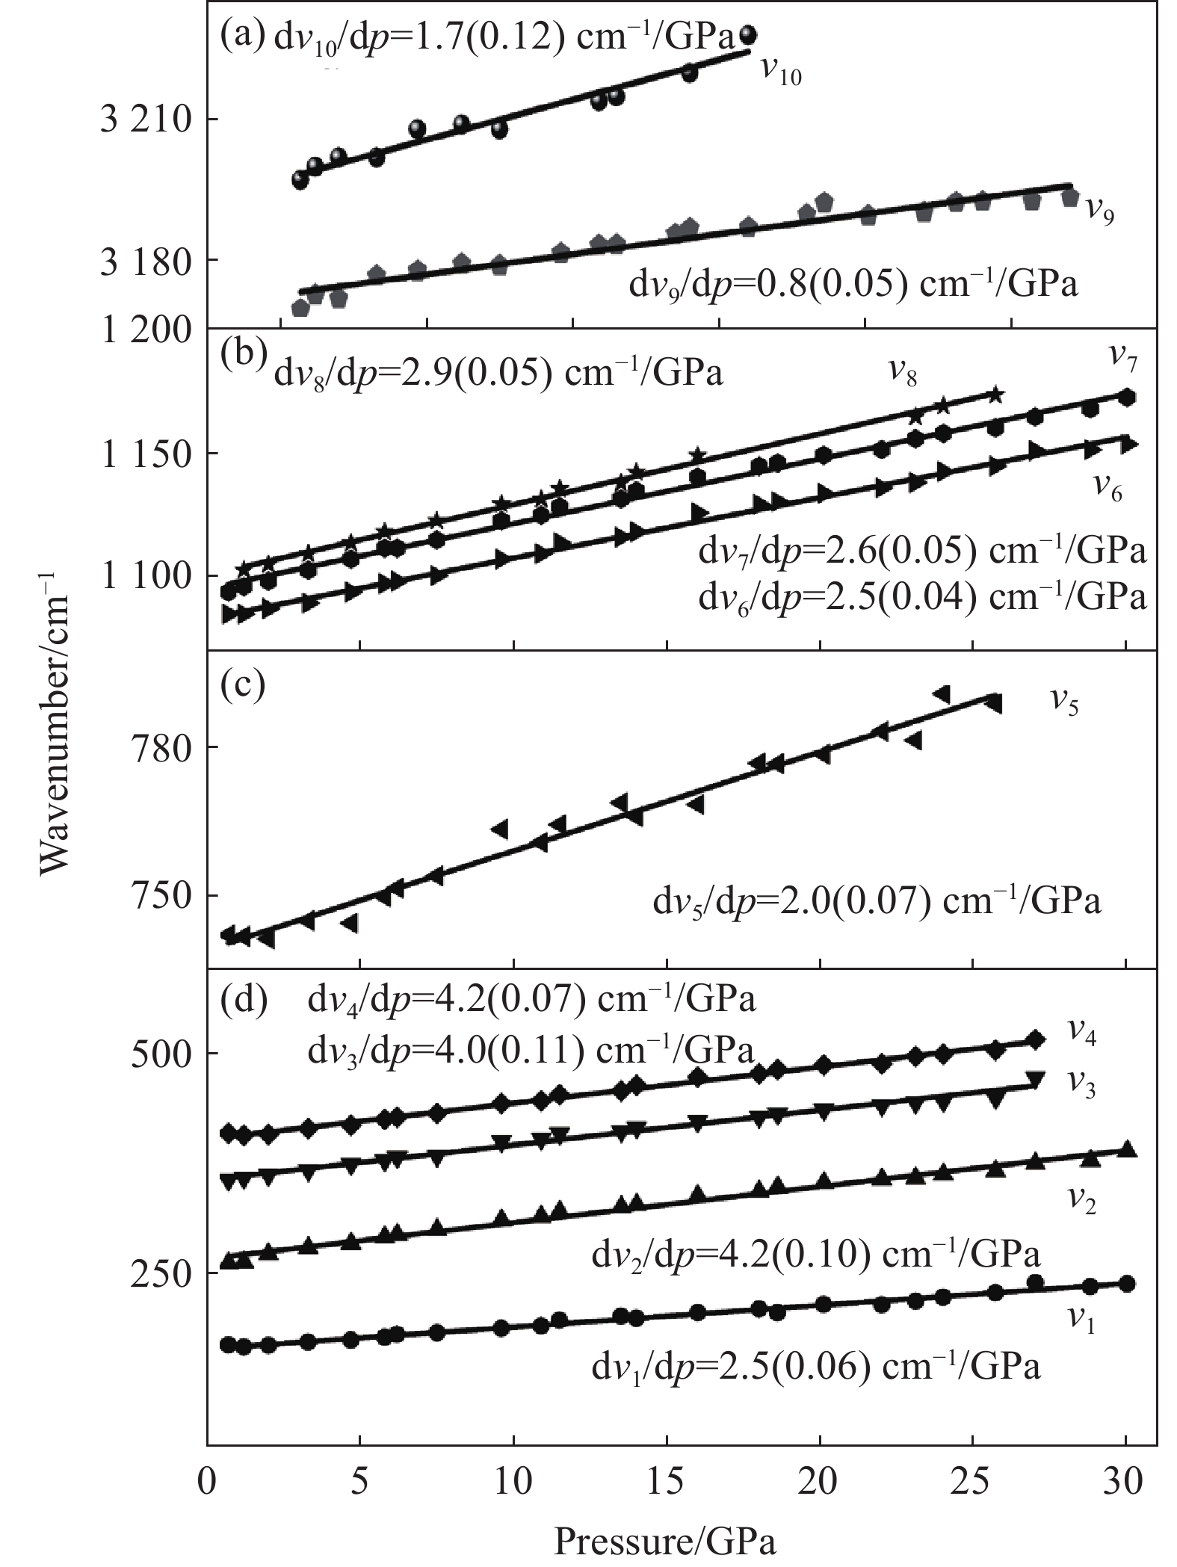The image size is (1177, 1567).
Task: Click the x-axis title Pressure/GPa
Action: pos(664,1539)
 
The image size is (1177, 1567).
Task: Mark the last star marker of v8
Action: pos(995,395)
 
